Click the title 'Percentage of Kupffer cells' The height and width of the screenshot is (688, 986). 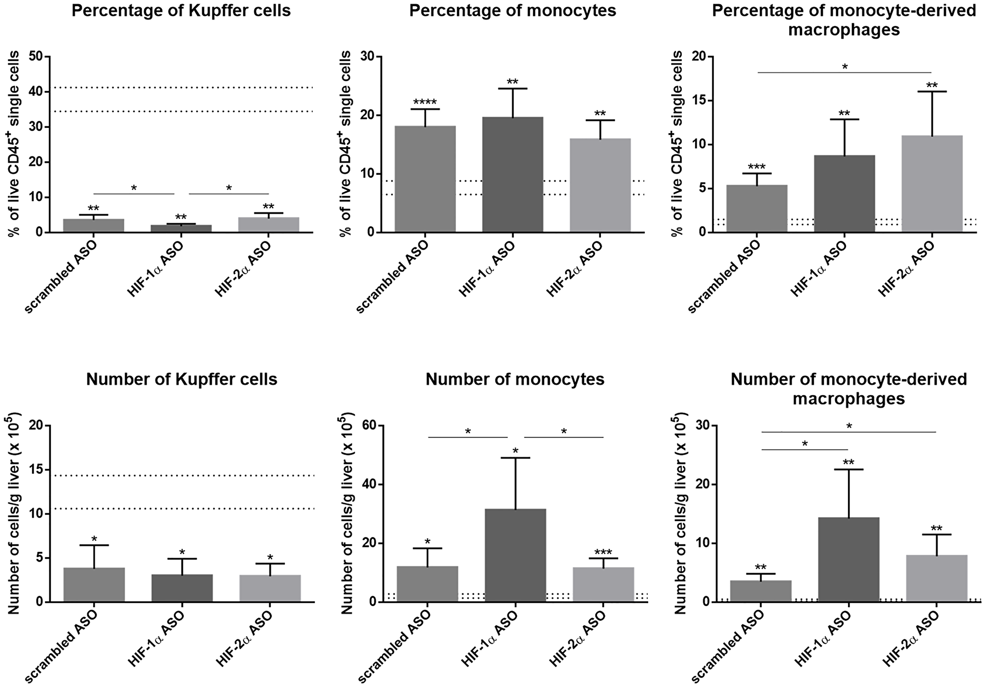[x=181, y=11]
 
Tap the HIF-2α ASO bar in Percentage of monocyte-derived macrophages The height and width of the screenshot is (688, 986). [x=932, y=184]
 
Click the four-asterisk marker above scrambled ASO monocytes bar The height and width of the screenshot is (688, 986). [x=425, y=103]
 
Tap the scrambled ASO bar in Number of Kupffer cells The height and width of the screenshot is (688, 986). [x=94, y=584]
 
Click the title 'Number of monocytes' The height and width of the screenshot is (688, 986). [x=515, y=379]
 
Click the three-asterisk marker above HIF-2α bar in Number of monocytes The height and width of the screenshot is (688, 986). [x=603, y=552]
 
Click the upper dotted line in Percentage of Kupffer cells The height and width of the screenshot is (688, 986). [x=182, y=88]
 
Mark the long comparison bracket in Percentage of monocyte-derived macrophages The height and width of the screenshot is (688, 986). [x=844, y=73]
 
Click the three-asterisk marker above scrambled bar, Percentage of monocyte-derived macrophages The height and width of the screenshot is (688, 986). [x=756, y=167]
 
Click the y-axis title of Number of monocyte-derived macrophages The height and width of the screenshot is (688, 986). [x=678, y=513]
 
